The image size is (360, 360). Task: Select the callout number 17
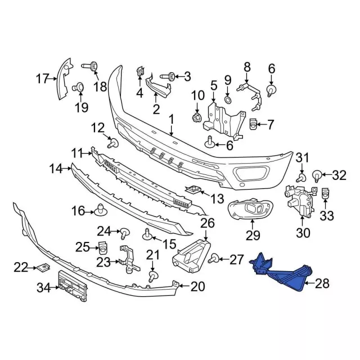click(x=43, y=79)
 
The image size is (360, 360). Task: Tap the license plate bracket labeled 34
click(x=73, y=288)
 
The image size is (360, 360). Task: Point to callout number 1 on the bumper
click(x=170, y=119)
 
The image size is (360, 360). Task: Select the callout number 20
click(x=197, y=287)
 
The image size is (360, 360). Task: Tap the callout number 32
click(x=339, y=176)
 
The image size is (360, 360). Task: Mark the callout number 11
click(x=77, y=152)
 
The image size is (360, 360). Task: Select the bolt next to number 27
click(x=213, y=259)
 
